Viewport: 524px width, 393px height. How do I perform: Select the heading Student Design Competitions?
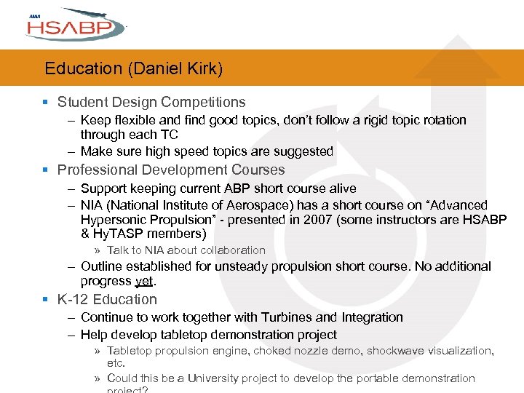click(151, 103)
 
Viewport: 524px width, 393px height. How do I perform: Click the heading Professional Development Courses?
click(171, 170)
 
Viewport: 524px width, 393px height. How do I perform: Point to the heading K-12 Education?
click(107, 299)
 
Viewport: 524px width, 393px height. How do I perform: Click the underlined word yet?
click(145, 281)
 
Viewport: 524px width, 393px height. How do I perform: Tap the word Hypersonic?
click(113, 220)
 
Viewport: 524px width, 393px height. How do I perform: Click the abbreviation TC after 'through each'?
click(170, 135)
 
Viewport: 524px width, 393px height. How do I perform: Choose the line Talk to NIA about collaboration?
click(186, 250)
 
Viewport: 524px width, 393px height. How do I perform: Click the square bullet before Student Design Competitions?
click(46, 103)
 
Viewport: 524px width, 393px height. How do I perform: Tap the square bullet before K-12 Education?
click(46, 299)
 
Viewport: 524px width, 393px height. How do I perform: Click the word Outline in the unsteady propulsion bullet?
click(102, 267)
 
